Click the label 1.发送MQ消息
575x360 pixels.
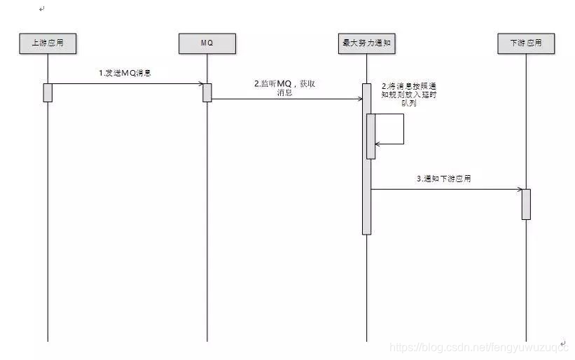[125, 73]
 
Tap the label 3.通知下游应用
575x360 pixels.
[443, 179]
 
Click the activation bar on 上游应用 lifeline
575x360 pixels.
[48, 92]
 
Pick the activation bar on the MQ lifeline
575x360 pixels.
[207, 92]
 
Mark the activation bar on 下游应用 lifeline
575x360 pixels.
[526, 204]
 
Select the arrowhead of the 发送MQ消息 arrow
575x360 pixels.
[200, 84]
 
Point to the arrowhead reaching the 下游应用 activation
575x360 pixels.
[518, 189]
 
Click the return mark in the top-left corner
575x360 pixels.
[42, 8]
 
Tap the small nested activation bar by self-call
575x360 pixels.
[371, 136]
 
